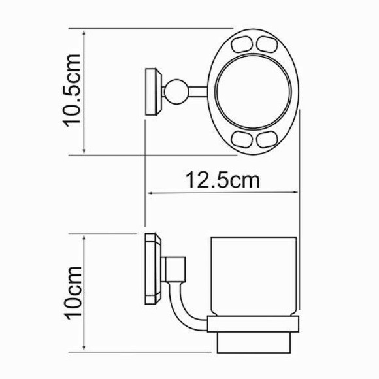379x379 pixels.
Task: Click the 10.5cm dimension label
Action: point(73,91)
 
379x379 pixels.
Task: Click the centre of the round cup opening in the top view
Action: point(256,92)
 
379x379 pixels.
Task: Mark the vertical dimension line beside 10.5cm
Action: point(85,91)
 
